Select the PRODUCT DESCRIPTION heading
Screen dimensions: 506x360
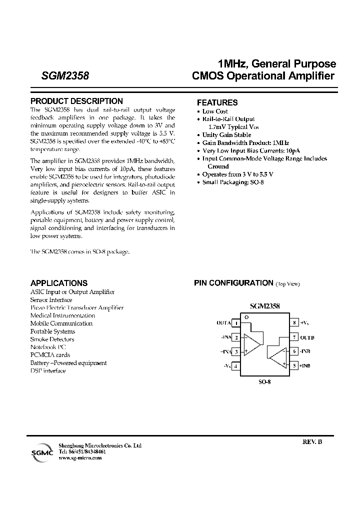point(76,101)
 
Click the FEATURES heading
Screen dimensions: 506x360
point(217,102)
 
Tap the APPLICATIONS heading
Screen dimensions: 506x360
point(59,283)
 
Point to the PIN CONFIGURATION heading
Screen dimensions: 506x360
point(233,283)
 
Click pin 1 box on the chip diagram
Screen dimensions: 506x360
point(235,323)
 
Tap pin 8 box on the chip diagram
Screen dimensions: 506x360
point(295,323)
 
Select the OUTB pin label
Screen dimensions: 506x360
point(307,337)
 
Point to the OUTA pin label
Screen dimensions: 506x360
point(223,323)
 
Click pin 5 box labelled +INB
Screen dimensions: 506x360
point(295,366)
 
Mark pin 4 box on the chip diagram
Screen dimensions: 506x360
point(235,366)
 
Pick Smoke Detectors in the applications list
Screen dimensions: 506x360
point(52,339)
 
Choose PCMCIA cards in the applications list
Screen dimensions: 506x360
point(50,355)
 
